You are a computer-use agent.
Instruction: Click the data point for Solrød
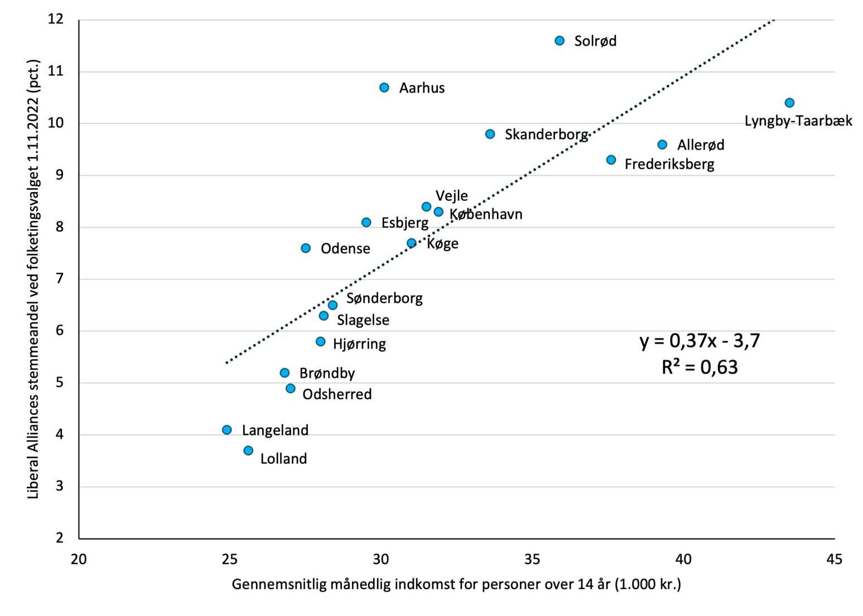pos(560,41)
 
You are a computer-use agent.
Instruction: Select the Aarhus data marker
pos(384,88)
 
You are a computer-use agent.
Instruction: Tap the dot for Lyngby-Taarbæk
pos(789,103)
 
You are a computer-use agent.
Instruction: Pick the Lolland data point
pos(248,450)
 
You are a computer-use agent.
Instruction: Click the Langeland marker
pos(227,430)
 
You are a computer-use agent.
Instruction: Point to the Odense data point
pos(306,248)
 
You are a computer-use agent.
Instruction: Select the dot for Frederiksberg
pos(611,160)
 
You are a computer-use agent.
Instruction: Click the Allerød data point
pos(662,145)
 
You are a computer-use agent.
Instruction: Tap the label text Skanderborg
pos(546,134)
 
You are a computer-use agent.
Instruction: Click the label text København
pos(486,214)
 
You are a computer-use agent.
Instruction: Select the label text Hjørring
pos(359,344)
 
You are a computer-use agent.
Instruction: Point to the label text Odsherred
pos(337,394)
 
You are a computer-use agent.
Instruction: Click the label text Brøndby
pos(327,373)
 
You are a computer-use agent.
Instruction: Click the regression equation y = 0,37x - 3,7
pos(700,340)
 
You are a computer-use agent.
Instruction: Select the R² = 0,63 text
pos(700,367)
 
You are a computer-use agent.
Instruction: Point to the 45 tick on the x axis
pos(835,559)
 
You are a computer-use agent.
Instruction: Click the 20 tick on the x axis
pos(79,559)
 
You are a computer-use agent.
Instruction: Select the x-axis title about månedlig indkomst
pos(456,584)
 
